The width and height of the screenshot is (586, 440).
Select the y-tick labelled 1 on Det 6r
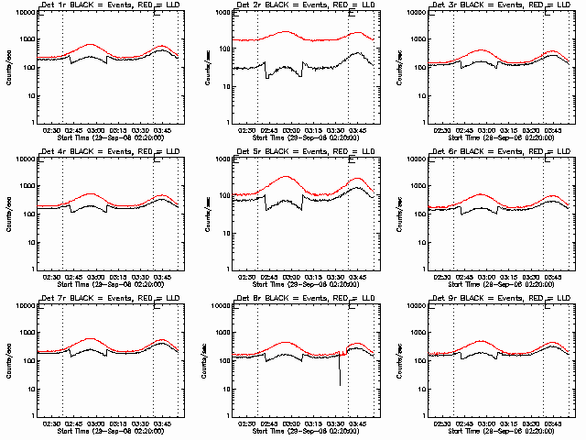coord(422,269)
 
